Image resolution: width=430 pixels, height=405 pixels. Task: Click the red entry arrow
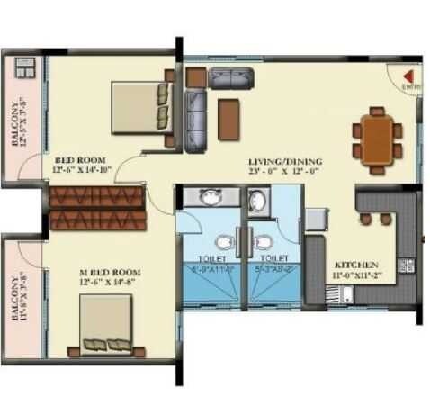click(x=407, y=76)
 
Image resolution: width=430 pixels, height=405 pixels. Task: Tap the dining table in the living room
click(x=377, y=136)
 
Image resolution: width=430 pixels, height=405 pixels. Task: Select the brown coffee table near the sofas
click(x=228, y=113)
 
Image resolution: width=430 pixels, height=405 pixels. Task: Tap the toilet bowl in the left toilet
click(x=222, y=244)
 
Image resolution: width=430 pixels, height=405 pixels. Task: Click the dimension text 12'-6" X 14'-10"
click(x=82, y=167)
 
